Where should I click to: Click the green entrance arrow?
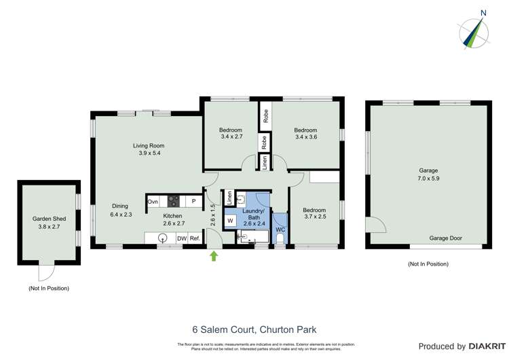[215, 255]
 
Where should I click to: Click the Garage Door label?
[446, 238]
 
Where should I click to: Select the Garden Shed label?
[48, 219]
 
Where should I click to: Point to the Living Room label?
[148, 145]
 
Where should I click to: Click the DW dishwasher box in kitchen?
[181, 238]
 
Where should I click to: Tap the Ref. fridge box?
[195, 238]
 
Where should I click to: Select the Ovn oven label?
[153, 201]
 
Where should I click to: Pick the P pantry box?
[193, 201]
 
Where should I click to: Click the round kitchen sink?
[163, 238]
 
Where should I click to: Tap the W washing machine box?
[231, 221]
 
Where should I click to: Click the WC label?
[280, 230]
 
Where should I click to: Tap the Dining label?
[119, 206]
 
